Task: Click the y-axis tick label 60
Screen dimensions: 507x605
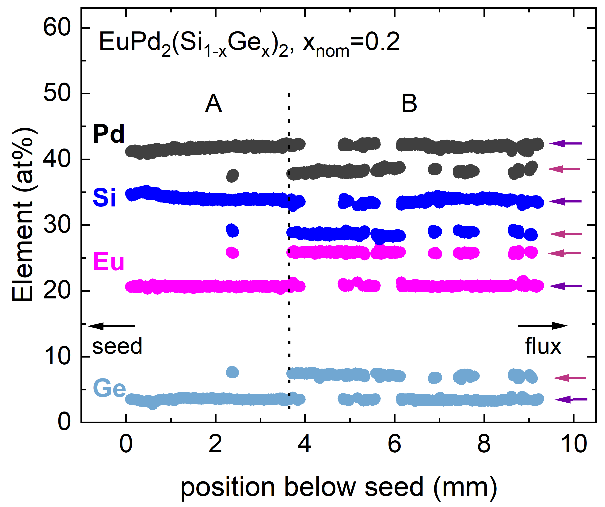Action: click(x=57, y=28)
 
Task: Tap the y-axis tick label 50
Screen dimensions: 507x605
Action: click(x=57, y=93)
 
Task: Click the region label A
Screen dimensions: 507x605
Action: click(x=213, y=103)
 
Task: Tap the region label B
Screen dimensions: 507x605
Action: click(x=409, y=103)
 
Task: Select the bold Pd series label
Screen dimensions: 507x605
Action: click(x=109, y=134)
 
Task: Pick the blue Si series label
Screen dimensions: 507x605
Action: click(x=104, y=198)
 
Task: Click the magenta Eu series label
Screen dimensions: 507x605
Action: click(x=109, y=262)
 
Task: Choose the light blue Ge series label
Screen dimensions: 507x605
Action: click(x=110, y=388)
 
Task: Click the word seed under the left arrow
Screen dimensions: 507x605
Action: click(x=117, y=346)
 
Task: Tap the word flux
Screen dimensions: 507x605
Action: click(x=543, y=346)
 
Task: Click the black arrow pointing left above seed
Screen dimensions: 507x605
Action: click(x=111, y=326)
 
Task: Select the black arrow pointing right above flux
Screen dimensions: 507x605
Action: click(x=543, y=326)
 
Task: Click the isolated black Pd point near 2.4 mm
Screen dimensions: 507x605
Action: click(x=233, y=175)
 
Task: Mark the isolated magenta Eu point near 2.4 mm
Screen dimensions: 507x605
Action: click(x=232, y=253)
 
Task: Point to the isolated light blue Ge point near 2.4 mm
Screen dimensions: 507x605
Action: click(x=232, y=372)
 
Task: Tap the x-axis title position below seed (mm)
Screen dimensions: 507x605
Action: click(x=339, y=487)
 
